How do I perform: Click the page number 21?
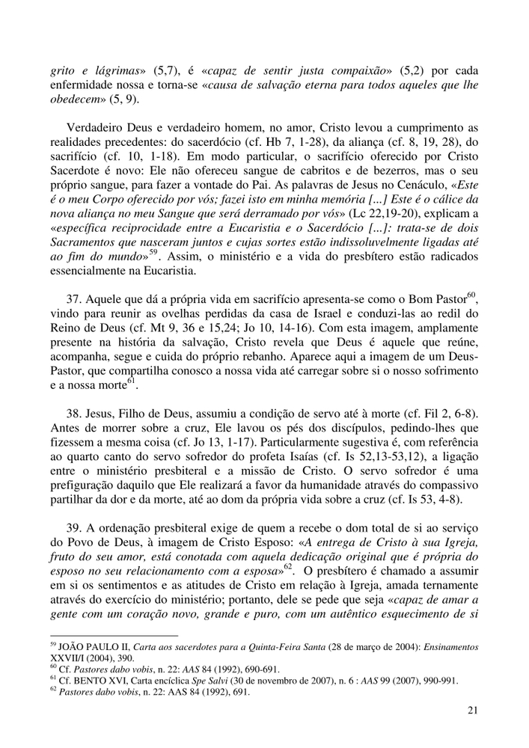coord(471,711)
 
